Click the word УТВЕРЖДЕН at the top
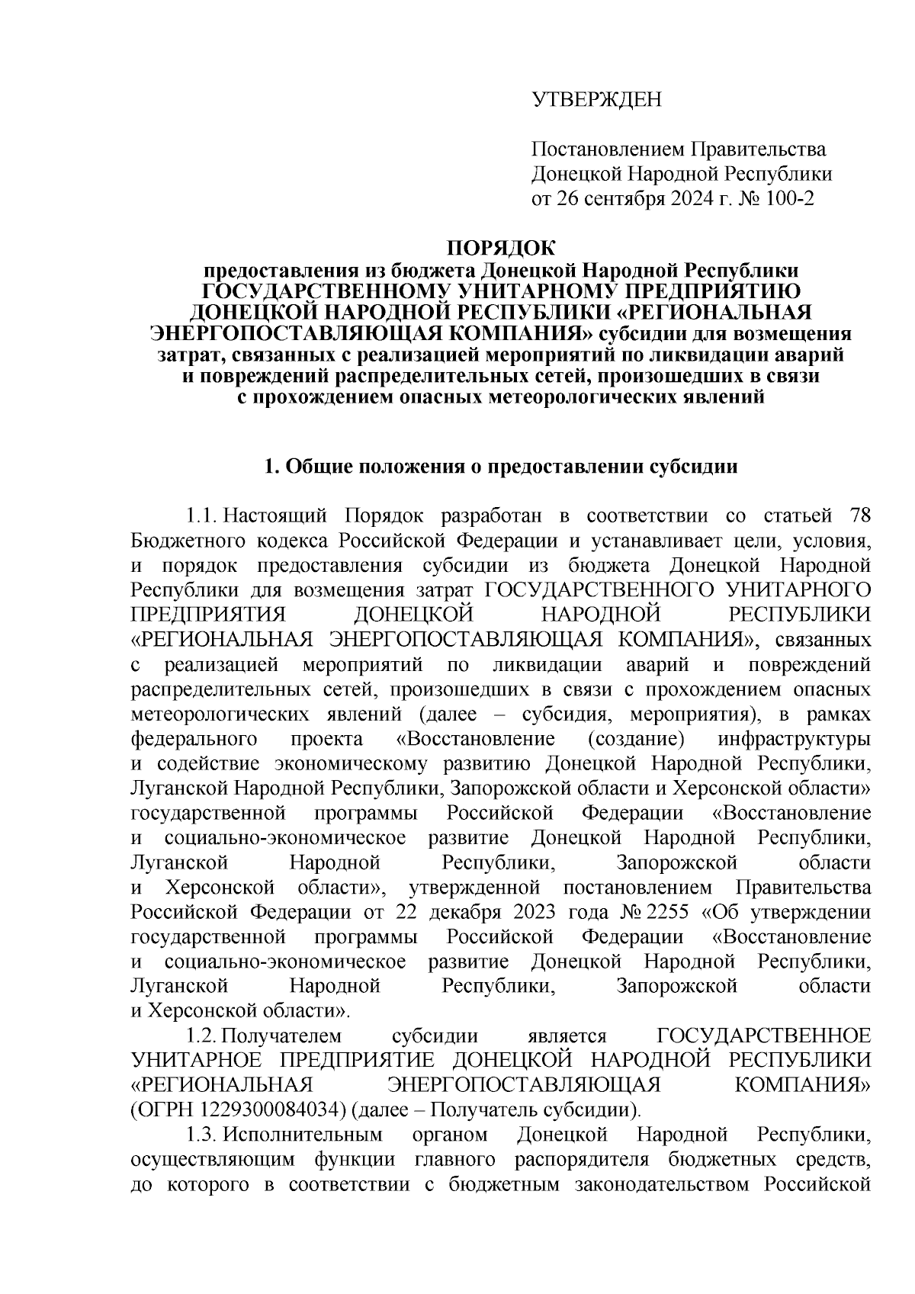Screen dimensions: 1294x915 (597, 99)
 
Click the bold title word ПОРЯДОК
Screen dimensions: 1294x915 (502, 248)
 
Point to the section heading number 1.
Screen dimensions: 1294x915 (269, 467)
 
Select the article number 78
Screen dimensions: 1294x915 (859, 516)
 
